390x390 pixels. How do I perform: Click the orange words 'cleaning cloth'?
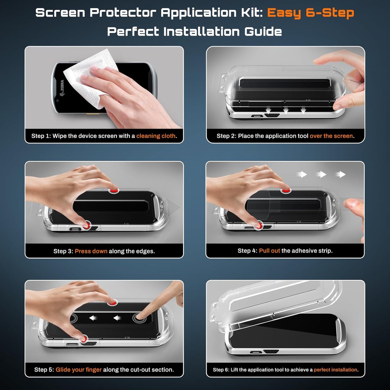coord(156,136)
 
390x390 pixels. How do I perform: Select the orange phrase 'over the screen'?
coord(331,136)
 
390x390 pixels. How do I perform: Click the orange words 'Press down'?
coord(91,251)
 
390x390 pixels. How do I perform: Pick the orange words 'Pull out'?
coord(269,251)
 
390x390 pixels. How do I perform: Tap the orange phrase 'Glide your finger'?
coord(79,370)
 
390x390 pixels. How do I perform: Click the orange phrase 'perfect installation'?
coord(335,370)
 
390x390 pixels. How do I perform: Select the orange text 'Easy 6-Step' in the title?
coord(310,13)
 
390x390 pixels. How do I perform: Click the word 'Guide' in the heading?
coord(263,32)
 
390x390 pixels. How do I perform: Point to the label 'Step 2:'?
coord(226,136)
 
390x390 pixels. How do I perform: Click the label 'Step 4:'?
coord(247,251)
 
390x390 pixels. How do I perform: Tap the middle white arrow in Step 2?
coord(286,110)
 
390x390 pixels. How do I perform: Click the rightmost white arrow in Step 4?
coord(341,175)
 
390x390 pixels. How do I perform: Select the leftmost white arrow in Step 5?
coord(93,318)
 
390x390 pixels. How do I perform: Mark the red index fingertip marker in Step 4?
coord(286,191)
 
